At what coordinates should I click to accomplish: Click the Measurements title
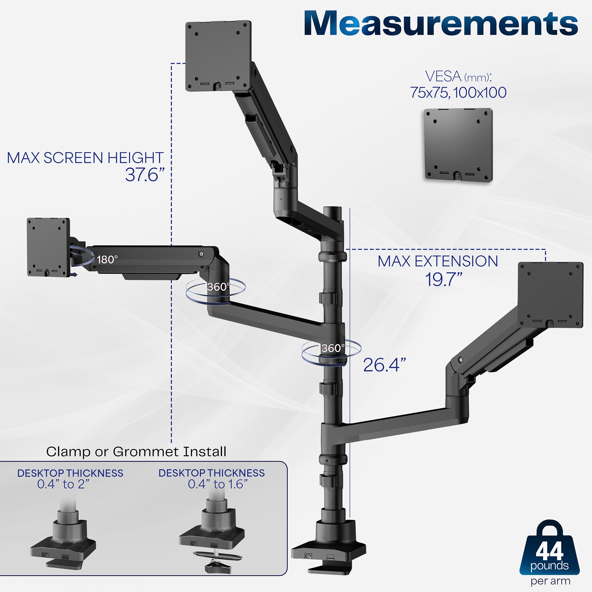point(441,24)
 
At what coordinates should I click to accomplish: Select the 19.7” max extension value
point(443,279)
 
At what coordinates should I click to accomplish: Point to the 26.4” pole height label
point(384,365)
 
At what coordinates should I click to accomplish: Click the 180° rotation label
point(107,260)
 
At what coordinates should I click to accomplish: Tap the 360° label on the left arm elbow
point(218,287)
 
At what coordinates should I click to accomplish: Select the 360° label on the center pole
point(332,348)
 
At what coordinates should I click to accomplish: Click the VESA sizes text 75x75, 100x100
point(458,93)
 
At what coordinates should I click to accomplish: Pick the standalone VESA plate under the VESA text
point(458,145)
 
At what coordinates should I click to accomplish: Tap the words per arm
point(550,581)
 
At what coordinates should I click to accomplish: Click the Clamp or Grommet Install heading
point(136,451)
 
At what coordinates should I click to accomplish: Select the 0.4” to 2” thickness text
point(63,484)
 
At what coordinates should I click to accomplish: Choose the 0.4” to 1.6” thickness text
point(218,484)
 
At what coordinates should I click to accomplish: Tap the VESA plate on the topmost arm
point(218,55)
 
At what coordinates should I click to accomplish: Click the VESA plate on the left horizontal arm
point(48,247)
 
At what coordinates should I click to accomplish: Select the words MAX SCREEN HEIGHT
point(85,158)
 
